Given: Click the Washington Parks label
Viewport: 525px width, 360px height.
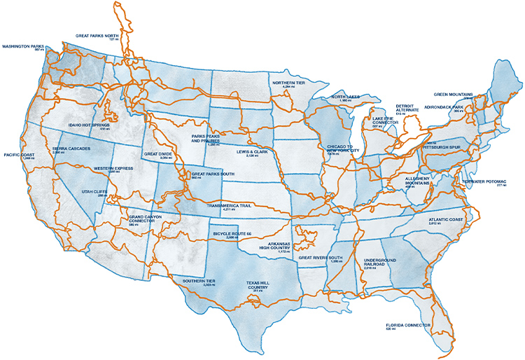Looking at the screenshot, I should (x=23, y=48).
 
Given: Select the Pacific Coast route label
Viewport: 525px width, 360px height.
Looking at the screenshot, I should (x=19, y=155).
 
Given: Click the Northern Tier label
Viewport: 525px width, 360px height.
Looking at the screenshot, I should (x=290, y=83).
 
